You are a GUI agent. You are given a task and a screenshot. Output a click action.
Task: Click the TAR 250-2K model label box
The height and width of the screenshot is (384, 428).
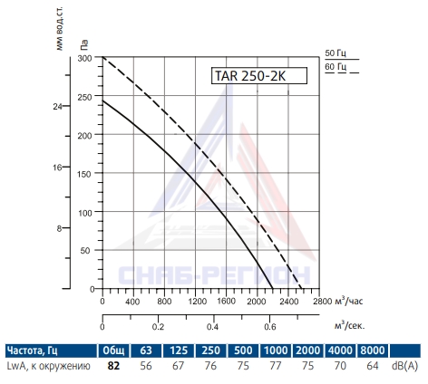(x=259, y=75)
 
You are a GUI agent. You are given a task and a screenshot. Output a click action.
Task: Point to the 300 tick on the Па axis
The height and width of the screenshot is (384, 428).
(x=84, y=58)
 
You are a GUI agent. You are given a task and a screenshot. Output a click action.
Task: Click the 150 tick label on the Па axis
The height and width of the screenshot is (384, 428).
(x=84, y=174)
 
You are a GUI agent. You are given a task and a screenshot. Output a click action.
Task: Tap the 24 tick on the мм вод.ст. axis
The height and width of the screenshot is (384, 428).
(x=57, y=106)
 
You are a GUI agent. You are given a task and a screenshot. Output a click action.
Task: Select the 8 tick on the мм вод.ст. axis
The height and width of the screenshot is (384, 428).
(x=59, y=228)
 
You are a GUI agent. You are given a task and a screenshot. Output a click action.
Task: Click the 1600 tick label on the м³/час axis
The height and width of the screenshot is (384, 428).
(x=226, y=302)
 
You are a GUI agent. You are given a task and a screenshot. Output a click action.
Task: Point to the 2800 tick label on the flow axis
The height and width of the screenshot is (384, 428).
(x=323, y=302)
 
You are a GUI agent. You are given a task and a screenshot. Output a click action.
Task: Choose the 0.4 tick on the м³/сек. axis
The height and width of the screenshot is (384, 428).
(x=213, y=327)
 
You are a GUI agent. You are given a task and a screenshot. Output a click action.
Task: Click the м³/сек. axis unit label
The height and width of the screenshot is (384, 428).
(x=350, y=325)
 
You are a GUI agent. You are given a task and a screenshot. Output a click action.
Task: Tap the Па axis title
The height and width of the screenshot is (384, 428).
(x=84, y=44)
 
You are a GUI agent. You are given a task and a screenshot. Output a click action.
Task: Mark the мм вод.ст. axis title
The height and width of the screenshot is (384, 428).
(x=60, y=28)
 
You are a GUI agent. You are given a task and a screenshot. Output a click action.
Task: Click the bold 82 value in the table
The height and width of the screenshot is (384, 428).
(x=113, y=366)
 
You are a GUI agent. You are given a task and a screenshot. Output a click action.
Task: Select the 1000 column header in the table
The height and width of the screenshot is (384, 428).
(x=276, y=350)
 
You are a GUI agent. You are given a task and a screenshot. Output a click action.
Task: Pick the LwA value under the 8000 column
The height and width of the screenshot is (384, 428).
(x=373, y=366)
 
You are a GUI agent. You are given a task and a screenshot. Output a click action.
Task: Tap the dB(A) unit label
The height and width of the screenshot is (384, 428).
(x=404, y=366)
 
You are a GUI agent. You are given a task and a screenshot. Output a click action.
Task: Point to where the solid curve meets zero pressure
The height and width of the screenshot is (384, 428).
(x=272, y=289)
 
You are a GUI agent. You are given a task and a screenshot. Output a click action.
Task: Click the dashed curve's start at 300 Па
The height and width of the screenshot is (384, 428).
(x=102, y=57)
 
